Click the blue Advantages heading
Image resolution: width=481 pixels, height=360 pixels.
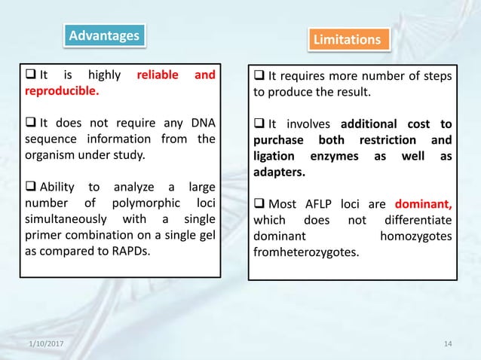pyautogui.click(x=104, y=35)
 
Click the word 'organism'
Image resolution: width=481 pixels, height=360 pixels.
pyautogui.click(x=51, y=156)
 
